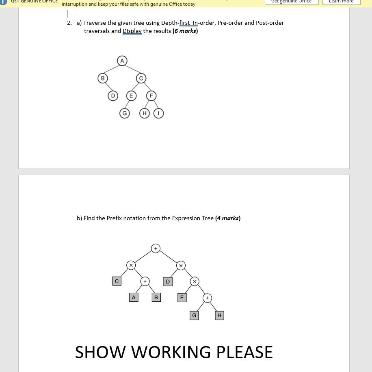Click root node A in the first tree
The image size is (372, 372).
click(122, 61)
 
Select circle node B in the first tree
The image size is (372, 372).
click(103, 78)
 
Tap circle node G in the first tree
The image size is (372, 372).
click(125, 113)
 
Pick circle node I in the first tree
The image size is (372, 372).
click(159, 113)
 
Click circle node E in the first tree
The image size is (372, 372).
click(131, 96)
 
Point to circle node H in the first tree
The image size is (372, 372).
click(144, 113)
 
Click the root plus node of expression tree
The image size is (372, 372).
click(156, 248)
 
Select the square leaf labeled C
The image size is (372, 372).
click(117, 281)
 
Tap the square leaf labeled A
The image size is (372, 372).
click(133, 298)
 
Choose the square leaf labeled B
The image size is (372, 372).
click(156, 298)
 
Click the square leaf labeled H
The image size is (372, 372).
click(219, 315)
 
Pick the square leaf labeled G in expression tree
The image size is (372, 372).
click(194, 315)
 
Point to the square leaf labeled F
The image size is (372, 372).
click(182, 298)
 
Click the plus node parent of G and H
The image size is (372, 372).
click(207, 298)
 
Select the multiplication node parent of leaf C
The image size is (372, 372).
click(131, 265)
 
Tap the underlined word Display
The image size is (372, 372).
click(132, 31)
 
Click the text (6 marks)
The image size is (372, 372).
click(185, 31)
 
